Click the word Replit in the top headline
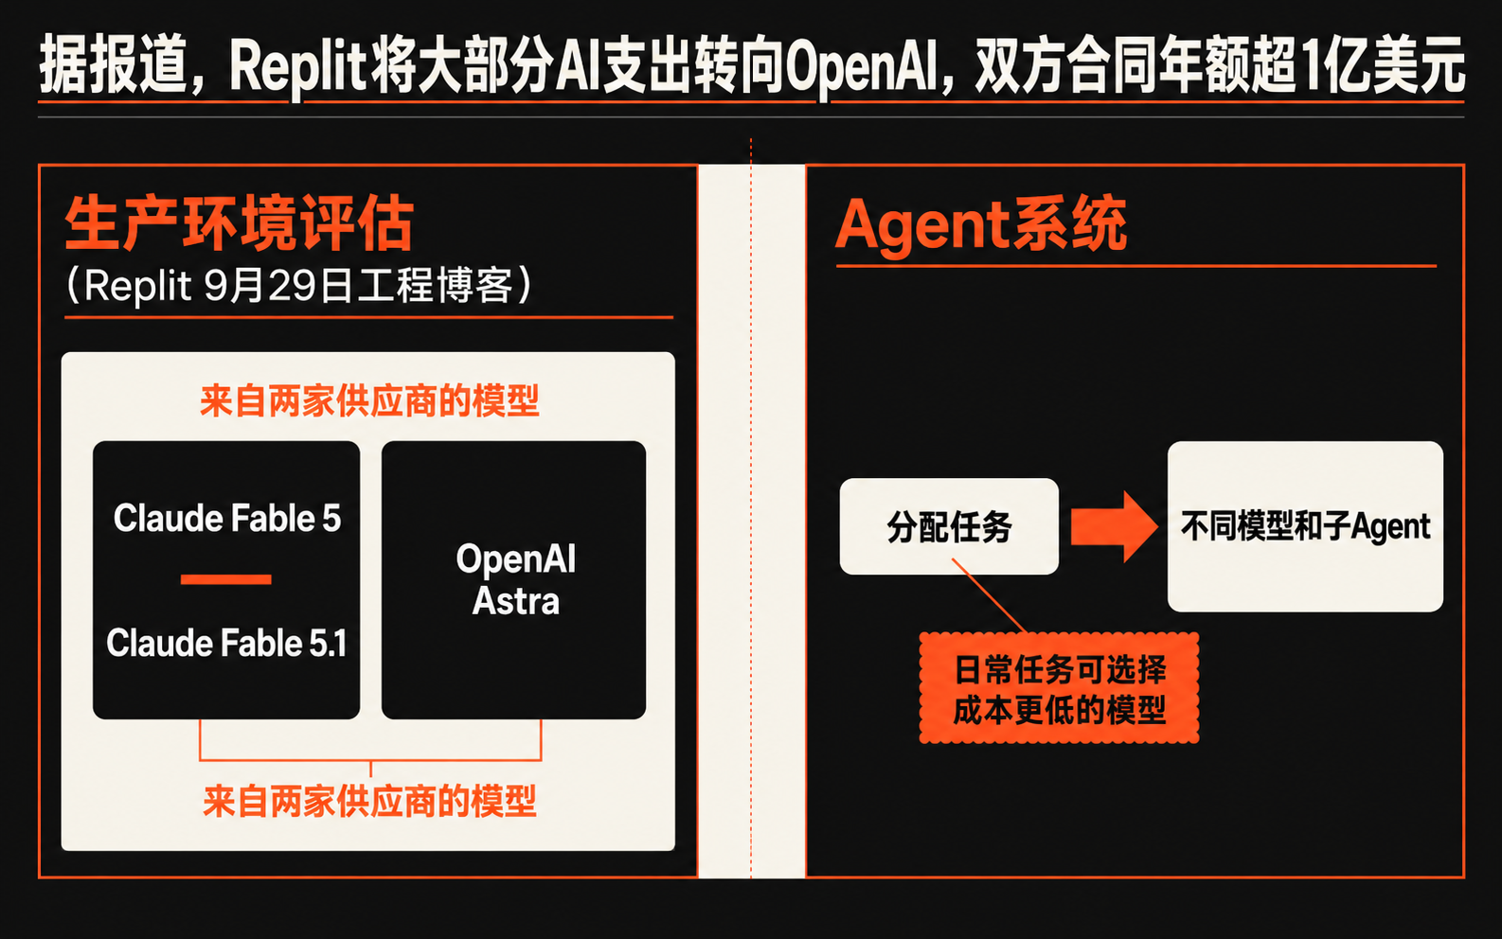297,68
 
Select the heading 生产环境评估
239,223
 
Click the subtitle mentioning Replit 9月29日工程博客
299,286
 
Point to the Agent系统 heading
980,225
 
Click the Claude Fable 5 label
226,518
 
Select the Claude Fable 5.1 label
226,643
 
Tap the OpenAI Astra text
515,579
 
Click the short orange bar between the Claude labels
226,579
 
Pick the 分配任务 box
949,526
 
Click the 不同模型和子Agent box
1305,526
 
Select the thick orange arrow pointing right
1114,526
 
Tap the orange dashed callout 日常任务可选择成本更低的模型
1059,688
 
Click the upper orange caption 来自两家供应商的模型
369,401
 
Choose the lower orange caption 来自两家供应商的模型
369,801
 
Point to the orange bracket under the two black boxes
370,760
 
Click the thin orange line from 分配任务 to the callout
989,595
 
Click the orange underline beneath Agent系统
1135,266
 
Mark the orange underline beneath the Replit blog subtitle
368,317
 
